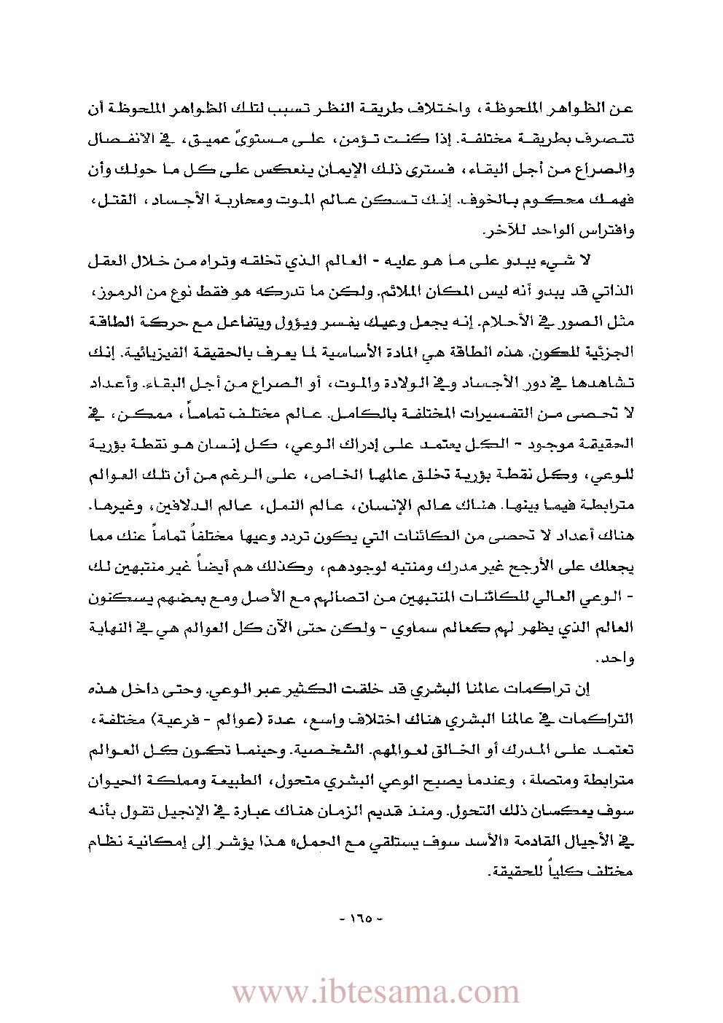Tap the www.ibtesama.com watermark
pyautogui.click(x=376, y=992)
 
